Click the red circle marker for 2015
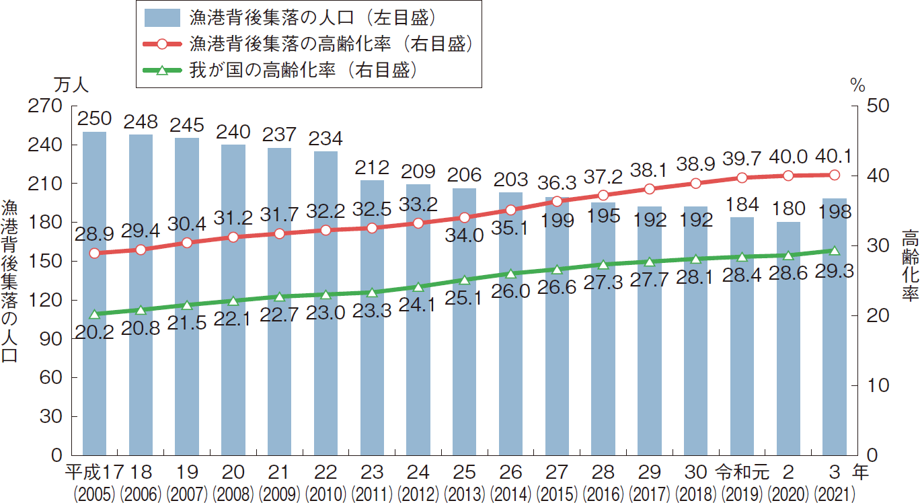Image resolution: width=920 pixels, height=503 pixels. click(x=557, y=201)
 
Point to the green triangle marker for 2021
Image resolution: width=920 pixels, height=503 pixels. click(x=835, y=251)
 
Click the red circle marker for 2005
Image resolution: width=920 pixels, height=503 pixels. click(x=94, y=254)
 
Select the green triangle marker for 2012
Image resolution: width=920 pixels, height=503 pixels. click(x=418, y=287)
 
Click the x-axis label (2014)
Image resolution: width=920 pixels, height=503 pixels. click(x=510, y=494)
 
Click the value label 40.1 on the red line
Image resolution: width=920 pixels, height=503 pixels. click(x=835, y=157)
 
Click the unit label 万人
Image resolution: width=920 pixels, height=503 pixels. click(x=70, y=85)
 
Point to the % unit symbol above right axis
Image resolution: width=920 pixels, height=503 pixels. click(x=857, y=85)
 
